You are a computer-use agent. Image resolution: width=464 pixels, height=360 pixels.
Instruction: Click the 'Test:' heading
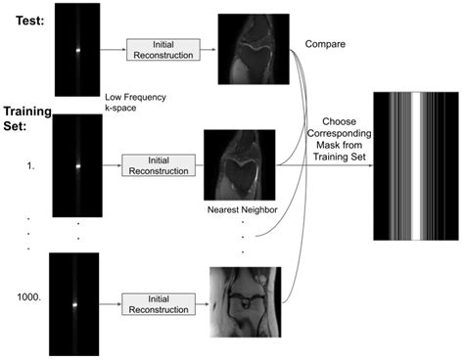tap(23, 12)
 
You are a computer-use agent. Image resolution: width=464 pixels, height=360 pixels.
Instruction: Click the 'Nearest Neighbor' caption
tap(238, 209)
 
